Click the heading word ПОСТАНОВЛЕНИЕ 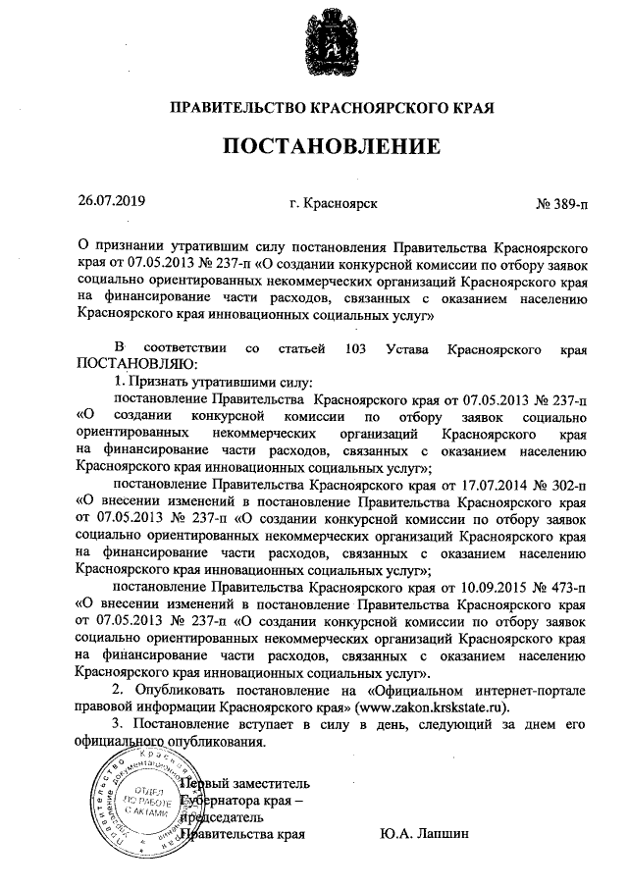331,147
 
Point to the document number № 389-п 561,204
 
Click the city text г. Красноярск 335,204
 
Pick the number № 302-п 561,484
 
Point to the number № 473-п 561,587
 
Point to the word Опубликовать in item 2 190,690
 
